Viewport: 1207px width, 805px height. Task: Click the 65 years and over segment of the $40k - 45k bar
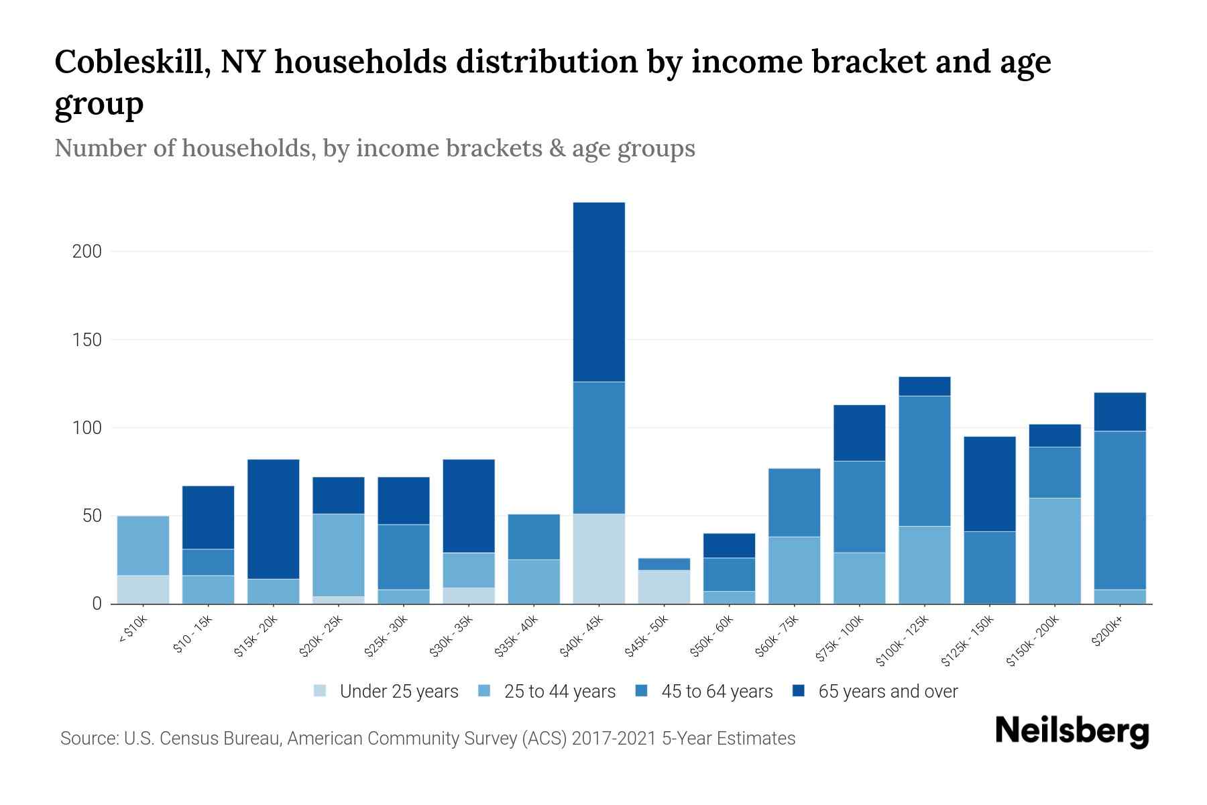click(599, 292)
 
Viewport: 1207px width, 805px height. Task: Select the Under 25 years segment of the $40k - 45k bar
click(599, 559)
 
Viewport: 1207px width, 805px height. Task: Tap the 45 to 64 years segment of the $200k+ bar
click(1120, 510)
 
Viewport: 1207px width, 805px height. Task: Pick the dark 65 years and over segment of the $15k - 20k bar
click(274, 519)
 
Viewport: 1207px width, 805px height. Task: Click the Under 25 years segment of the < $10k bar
click(143, 590)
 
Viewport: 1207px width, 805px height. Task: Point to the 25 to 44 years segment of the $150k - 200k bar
click(1055, 551)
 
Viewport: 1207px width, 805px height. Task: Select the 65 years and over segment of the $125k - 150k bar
click(990, 484)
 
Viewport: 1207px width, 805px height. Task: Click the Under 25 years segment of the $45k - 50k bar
click(664, 587)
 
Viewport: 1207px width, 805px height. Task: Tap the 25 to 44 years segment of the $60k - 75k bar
click(795, 570)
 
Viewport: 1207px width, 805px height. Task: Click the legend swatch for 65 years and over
click(799, 691)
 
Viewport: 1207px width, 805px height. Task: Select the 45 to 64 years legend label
click(717, 692)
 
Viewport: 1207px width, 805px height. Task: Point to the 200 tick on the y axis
click(87, 252)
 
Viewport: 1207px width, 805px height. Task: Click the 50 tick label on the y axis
click(92, 516)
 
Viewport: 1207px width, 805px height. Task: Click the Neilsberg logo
click(1072, 731)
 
